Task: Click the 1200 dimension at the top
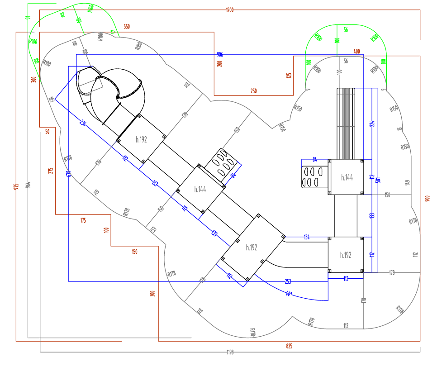pyautogui.click(x=230, y=10)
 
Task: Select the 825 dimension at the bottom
pyautogui.click(x=289, y=346)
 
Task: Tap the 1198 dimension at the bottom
pyautogui.click(x=230, y=352)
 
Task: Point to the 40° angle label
pyautogui.click(x=288, y=294)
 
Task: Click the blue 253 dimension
pyautogui.click(x=288, y=281)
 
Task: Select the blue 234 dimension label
pyautogui.click(x=83, y=122)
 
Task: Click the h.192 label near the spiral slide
pyautogui.click(x=141, y=140)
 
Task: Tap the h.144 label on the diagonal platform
pyautogui.click(x=200, y=190)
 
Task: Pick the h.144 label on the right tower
pyautogui.click(x=347, y=177)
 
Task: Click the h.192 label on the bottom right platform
pyautogui.click(x=346, y=255)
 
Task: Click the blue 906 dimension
pyautogui.click(x=220, y=54)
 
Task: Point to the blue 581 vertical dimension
pyautogui.click(x=378, y=179)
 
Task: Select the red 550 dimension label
pyautogui.click(x=127, y=27)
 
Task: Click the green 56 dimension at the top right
pyautogui.click(x=346, y=30)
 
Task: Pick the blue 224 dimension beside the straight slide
pyautogui.click(x=372, y=123)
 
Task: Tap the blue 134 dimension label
pyautogui.click(x=306, y=237)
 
